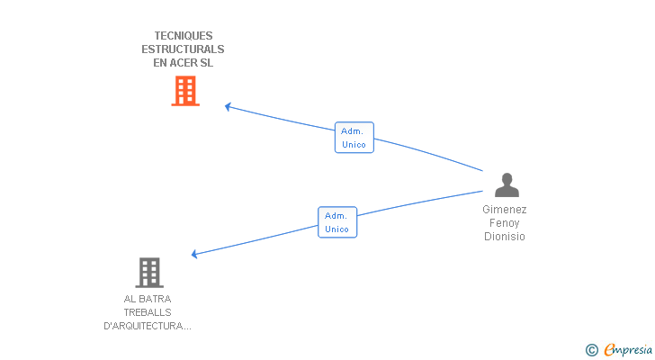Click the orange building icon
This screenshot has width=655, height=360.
(184, 91)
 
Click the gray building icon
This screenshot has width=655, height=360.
(148, 272)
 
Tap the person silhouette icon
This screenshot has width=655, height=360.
(507, 184)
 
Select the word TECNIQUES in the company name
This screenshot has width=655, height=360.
(183, 36)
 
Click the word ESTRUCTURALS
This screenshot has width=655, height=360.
(183, 49)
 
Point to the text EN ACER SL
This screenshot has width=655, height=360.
(183, 63)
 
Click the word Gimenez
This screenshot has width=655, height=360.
(504, 210)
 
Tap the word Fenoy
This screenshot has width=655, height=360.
(504, 223)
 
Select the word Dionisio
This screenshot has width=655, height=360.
(504, 237)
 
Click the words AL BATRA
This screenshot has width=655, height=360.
(148, 299)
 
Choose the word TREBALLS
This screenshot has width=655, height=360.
(148, 312)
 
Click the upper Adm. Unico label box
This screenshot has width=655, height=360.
(354, 138)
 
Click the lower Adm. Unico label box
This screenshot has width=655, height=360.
(337, 222)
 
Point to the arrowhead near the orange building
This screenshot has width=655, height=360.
(227, 106)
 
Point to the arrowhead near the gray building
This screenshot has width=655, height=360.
(194, 254)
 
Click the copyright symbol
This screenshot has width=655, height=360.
(591, 350)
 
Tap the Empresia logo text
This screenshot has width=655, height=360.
(627, 350)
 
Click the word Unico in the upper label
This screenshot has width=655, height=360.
(354, 144)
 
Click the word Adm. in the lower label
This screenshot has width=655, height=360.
(336, 216)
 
